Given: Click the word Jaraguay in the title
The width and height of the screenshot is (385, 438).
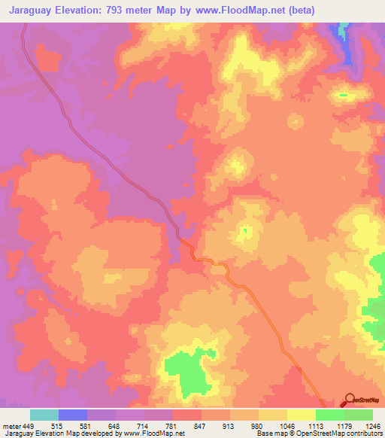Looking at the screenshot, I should click(x=31, y=11).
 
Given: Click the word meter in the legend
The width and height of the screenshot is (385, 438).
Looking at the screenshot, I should click(x=11, y=426).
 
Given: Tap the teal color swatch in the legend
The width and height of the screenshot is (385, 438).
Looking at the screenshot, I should click(x=44, y=415).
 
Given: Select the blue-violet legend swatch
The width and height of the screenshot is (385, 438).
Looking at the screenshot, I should click(x=73, y=415).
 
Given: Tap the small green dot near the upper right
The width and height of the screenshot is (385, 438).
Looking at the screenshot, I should click(x=344, y=96).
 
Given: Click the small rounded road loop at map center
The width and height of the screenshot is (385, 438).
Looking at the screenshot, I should click(x=219, y=269).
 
